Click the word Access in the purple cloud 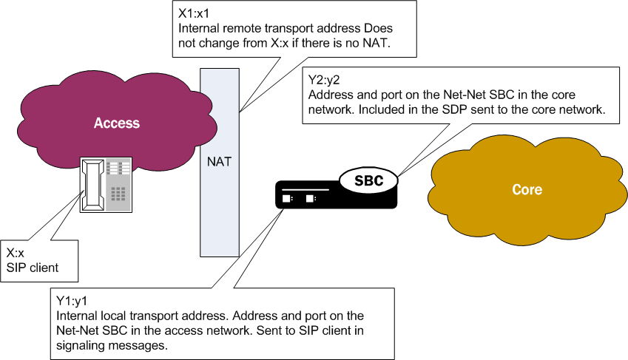pyautogui.click(x=117, y=123)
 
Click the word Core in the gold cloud pyautogui.click(x=527, y=190)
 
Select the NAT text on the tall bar pyautogui.click(x=220, y=161)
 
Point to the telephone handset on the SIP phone pyautogui.click(x=93, y=186)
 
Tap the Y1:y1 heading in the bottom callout pyautogui.click(x=72, y=301)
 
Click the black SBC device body pyautogui.click(x=333, y=196)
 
